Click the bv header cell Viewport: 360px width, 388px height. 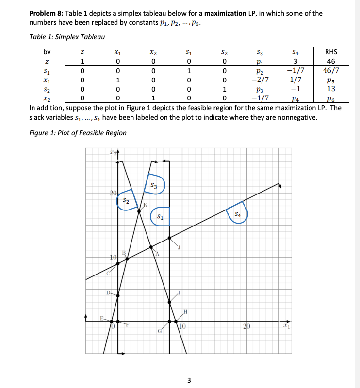(x=47, y=52)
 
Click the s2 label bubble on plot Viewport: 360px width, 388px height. (x=126, y=200)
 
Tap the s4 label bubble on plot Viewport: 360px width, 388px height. (x=237, y=213)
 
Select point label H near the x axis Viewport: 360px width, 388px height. (x=185, y=311)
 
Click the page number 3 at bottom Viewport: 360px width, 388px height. (x=190, y=379)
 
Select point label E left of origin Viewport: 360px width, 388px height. (x=101, y=318)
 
